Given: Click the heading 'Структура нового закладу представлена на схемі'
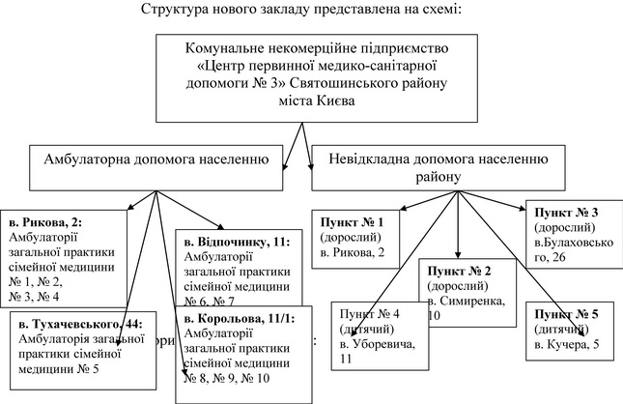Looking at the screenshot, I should pyautogui.click(x=311, y=11).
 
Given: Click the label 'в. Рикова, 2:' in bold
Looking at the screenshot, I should pyautogui.click(x=45, y=221).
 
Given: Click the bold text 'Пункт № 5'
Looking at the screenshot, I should pyautogui.click(x=564, y=315).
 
